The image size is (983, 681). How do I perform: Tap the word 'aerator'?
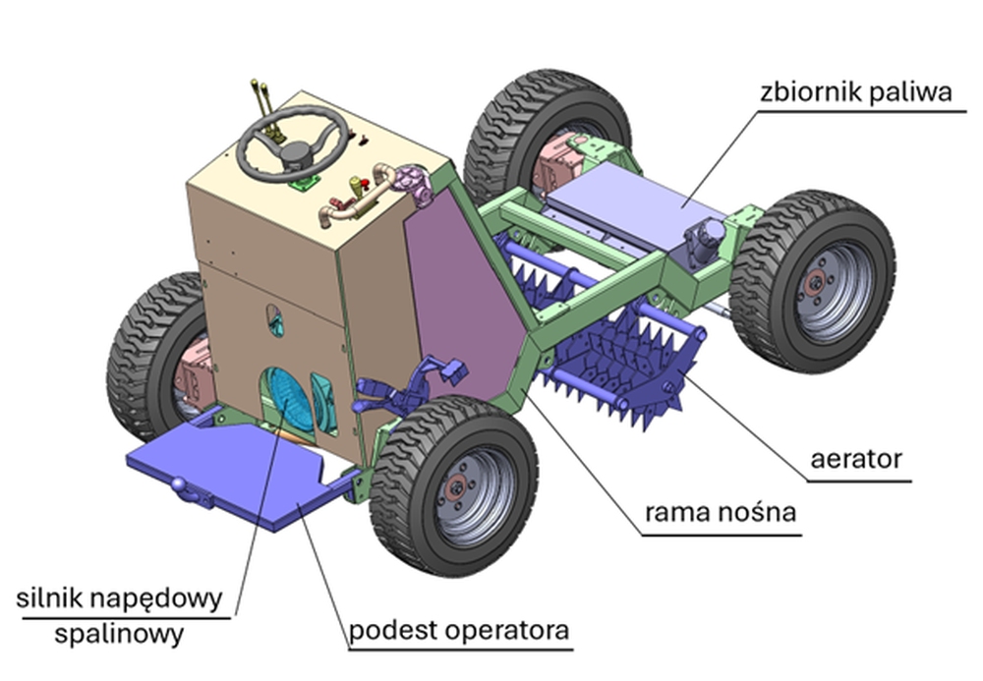857,460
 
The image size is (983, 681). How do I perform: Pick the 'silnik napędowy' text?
120,597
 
